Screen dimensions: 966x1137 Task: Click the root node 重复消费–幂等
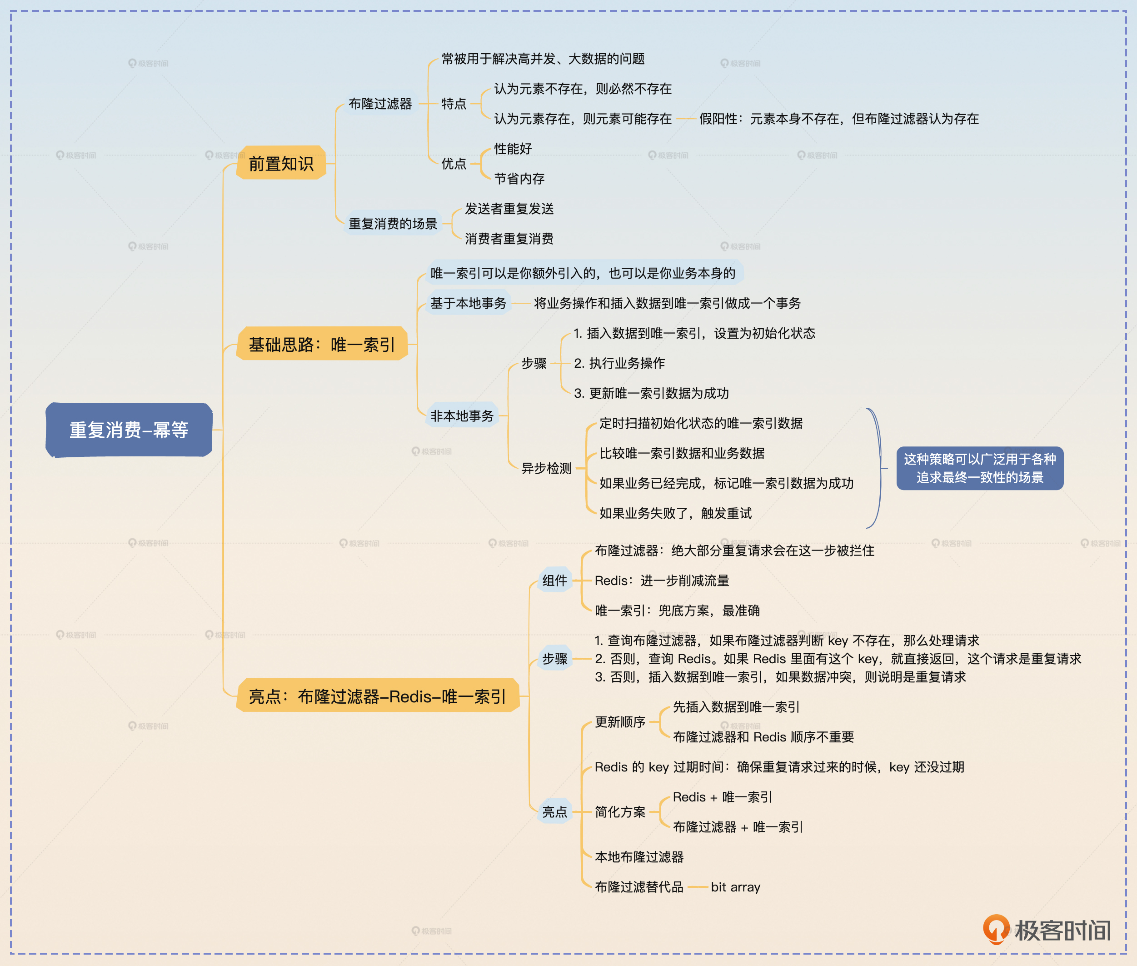(129, 430)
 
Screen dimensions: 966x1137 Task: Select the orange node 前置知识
(281, 163)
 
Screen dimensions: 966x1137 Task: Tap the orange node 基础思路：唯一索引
(322, 344)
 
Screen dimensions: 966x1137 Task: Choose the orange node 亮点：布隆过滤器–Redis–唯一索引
(377, 696)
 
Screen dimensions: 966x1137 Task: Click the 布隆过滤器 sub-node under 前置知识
(380, 104)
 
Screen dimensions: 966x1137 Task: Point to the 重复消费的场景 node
(393, 223)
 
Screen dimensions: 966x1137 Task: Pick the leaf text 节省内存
(519, 179)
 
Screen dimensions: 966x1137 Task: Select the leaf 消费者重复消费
(509, 239)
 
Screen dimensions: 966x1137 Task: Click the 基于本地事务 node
(468, 303)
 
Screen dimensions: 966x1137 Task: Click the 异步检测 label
(546, 468)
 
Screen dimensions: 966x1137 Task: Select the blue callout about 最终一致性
(979, 468)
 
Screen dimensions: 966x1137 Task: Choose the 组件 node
(554, 581)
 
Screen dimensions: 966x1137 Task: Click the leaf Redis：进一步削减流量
(662, 581)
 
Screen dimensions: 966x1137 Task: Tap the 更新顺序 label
(620, 722)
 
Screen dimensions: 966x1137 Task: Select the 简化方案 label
(620, 811)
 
